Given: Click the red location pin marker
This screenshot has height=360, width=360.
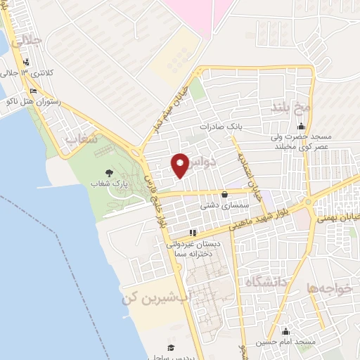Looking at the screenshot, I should tap(180, 165).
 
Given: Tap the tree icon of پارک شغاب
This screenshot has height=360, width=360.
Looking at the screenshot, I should tap(108, 172).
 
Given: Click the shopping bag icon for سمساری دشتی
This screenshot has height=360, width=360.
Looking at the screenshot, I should tap(224, 194).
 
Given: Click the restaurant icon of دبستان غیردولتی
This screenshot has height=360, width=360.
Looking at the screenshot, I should tap(193, 233).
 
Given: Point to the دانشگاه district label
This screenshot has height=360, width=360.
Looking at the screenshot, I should tap(267, 283).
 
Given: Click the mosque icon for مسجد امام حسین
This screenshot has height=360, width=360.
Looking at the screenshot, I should tap(285, 332).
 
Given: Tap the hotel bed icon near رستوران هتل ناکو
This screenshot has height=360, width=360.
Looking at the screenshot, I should tap(33, 91).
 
